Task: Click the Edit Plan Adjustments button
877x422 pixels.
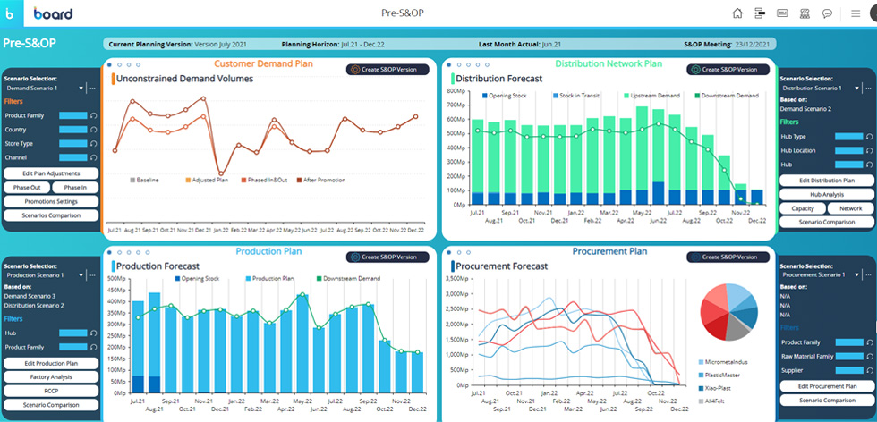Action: click(x=51, y=173)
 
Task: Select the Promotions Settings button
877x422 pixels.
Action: click(x=51, y=201)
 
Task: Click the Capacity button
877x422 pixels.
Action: click(x=803, y=208)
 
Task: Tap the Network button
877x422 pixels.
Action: click(x=850, y=208)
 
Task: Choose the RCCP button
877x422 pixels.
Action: click(x=51, y=391)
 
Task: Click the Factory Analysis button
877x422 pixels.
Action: click(x=51, y=377)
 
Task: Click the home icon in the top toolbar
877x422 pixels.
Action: click(x=737, y=13)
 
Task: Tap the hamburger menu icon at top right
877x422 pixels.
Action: click(x=855, y=13)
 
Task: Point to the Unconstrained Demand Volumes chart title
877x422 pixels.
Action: click(x=184, y=79)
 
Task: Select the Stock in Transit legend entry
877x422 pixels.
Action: click(x=576, y=96)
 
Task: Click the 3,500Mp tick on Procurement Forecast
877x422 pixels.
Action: click(x=457, y=279)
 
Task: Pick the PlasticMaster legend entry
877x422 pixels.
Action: click(x=723, y=376)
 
